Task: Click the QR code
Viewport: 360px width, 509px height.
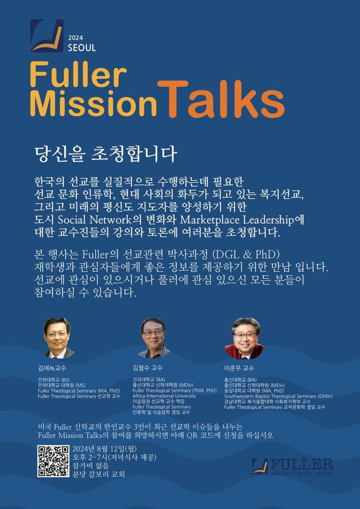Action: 54,461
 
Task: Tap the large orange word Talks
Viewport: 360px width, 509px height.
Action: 221,99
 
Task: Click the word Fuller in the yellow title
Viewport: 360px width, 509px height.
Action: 78,76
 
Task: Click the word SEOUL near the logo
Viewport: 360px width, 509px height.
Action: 82,47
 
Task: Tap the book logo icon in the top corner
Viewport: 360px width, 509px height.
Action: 47,36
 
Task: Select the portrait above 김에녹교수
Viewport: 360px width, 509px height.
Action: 58,338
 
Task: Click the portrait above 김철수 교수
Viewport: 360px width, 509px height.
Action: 153,338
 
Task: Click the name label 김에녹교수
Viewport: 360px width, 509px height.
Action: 52,369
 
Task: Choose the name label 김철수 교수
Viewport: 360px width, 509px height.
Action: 148,368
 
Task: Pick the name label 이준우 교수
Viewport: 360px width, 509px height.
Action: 239,368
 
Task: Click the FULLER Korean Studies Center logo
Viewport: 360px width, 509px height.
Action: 292,467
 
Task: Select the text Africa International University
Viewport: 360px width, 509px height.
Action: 164,396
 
